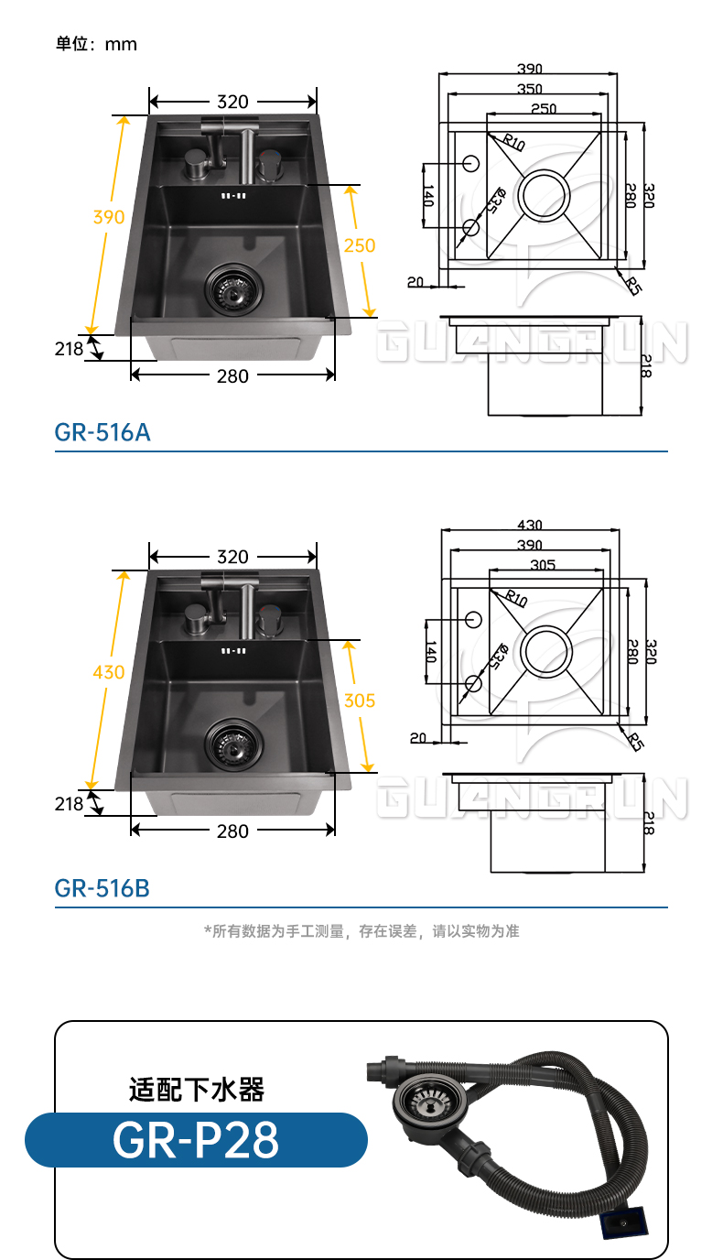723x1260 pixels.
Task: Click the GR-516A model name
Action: pos(103,432)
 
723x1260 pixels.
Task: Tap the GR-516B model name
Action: pos(103,888)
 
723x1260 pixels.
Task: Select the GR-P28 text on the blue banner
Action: pos(196,1140)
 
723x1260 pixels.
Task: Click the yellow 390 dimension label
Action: pos(109,216)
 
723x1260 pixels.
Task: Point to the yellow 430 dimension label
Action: pos(109,671)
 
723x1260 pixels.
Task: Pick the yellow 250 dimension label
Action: pos(360,245)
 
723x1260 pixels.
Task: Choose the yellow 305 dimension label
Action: pos(360,701)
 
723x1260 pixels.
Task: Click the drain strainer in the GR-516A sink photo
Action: pos(232,287)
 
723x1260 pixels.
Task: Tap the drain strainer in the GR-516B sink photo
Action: pos(232,743)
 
